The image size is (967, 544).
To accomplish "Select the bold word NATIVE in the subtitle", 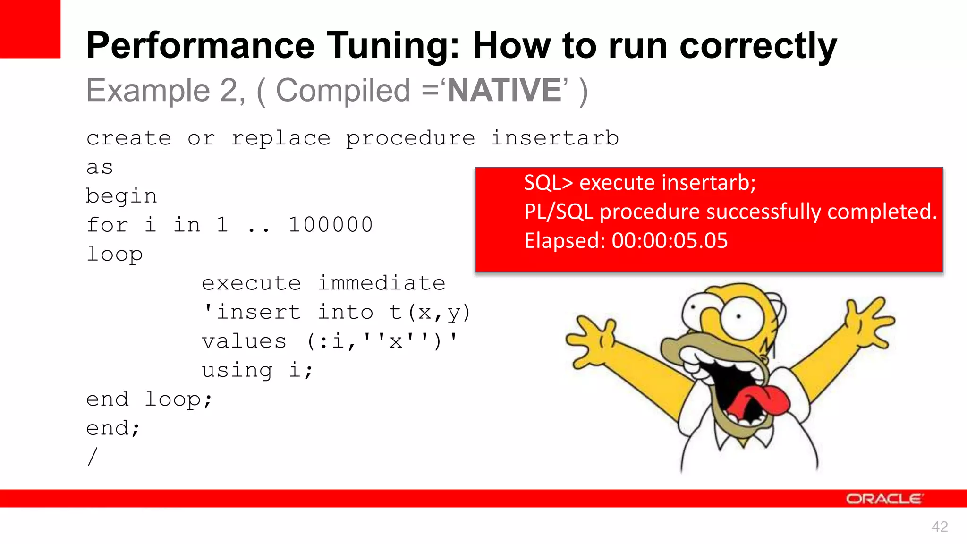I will [504, 90].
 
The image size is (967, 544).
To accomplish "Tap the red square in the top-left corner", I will [30, 28].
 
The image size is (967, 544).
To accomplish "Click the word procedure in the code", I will [410, 139].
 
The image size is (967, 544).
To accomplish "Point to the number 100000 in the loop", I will [331, 225].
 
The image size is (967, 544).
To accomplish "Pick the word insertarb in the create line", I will [554, 138].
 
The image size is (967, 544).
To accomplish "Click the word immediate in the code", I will [382, 283].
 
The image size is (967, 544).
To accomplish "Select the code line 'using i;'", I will [257, 370].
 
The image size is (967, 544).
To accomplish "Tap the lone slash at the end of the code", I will [93, 457].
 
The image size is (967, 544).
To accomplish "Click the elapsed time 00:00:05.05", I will [670, 241].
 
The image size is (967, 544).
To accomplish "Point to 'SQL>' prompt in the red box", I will [548, 183].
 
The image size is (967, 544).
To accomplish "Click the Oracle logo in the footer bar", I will [883, 499].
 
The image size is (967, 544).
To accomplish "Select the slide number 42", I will [940, 527].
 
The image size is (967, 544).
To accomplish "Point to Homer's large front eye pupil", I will [738, 317].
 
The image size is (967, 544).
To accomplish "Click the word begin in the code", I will [121, 196].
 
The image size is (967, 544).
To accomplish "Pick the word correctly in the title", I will [758, 46].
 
